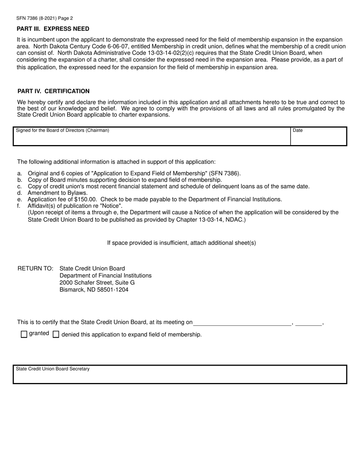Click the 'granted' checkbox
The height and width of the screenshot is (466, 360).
point(24,334)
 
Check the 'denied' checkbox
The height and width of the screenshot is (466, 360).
point(56,334)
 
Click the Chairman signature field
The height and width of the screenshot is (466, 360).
point(152,137)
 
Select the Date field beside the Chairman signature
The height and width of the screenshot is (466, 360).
point(318,137)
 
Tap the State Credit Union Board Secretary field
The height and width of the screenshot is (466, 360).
point(180,375)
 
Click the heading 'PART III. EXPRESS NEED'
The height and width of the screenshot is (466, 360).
point(53,29)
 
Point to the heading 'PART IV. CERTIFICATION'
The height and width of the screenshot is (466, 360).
point(53,91)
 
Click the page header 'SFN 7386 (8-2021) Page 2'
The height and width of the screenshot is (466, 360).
point(45,18)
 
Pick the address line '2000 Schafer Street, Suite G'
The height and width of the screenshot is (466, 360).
point(97,283)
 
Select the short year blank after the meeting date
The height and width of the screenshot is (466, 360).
point(308,322)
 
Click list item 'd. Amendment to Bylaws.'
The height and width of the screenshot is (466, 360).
point(57,192)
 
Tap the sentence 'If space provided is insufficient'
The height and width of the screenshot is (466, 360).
point(182,243)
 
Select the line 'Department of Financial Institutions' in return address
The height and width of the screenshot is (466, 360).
point(105,275)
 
